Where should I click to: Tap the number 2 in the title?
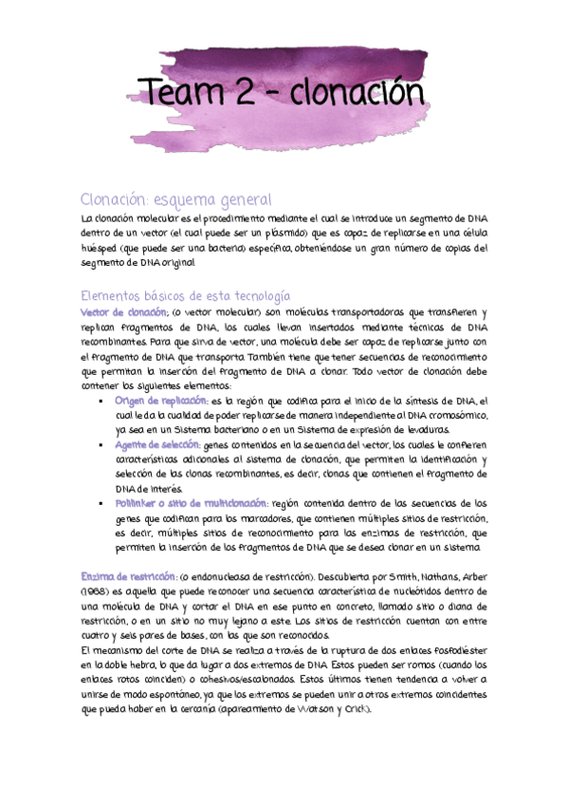[x=243, y=95]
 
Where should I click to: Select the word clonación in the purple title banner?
[x=357, y=94]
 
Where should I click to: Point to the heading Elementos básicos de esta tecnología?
[x=185, y=296]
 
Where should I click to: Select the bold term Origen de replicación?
[x=161, y=402]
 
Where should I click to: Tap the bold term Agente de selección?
[x=157, y=445]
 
